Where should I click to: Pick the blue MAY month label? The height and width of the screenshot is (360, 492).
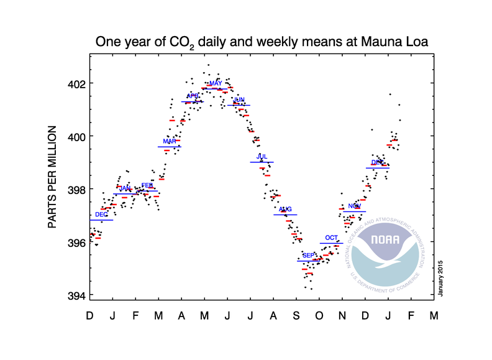pos(216,83)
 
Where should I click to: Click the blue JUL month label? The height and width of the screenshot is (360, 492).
pos(262,156)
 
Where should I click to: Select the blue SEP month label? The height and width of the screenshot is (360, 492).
pos(308,256)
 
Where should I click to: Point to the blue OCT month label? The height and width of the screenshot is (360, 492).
pos(332,238)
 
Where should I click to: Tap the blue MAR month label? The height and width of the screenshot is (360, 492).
pos(169,141)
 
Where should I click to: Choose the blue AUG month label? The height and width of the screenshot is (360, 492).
pos(285,209)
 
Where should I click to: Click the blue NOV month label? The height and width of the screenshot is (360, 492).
pos(354,206)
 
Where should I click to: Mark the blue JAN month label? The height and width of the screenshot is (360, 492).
pos(125,188)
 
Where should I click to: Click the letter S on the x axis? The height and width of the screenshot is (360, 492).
pos(297,316)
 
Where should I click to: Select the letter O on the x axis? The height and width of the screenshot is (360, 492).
pos(319,316)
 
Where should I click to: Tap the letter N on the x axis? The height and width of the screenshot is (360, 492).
pos(342,316)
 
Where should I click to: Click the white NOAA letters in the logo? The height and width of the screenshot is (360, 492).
pos(384,240)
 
